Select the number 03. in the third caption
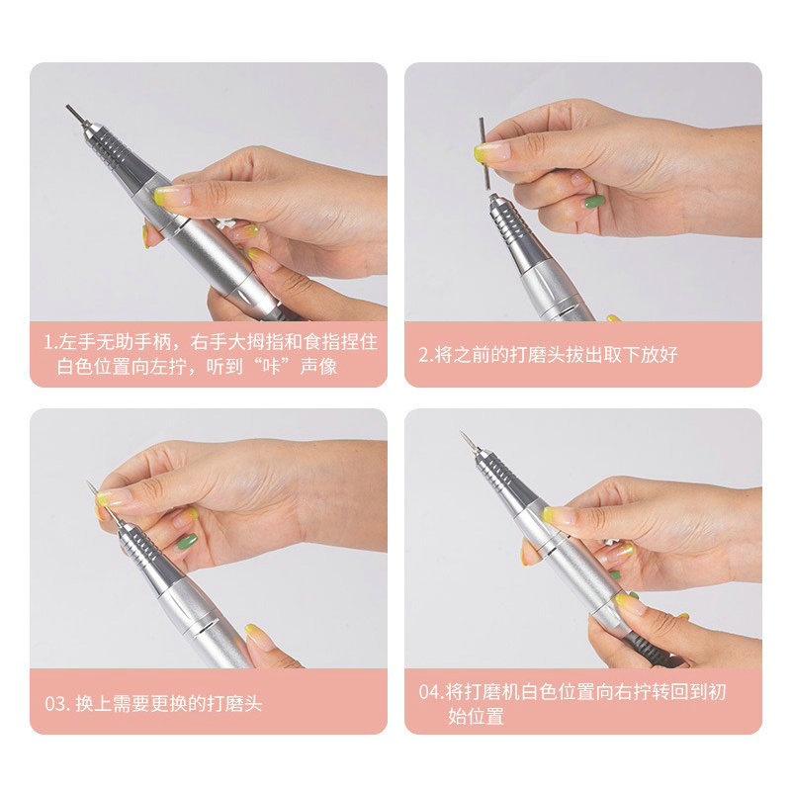coord(56,705)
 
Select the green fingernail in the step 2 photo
coord(594,202)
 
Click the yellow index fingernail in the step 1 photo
coord(171,195)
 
